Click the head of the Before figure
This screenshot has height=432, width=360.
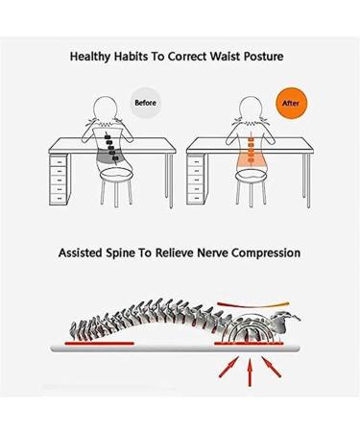coord(111,105)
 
